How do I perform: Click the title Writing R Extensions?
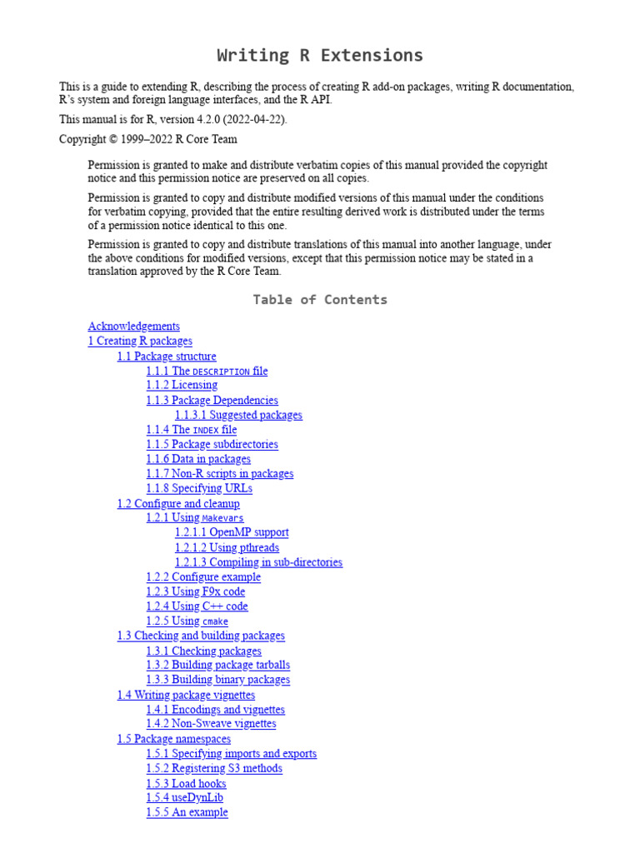pos(320,56)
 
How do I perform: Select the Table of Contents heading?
pos(320,300)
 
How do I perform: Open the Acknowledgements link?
pos(133,327)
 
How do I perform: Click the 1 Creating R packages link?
pos(140,342)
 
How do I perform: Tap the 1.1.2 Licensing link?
pos(182,386)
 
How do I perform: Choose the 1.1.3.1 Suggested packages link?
pos(238,415)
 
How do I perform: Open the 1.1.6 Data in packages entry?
pos(198,459)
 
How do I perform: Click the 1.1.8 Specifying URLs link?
pos(199,488)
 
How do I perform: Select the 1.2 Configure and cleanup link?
pos(178,504)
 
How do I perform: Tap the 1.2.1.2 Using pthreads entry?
pos(227,547)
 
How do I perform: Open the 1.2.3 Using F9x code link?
pos(196,592)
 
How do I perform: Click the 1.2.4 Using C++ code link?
pos(197,606)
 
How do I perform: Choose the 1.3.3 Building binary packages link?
pos(218,680)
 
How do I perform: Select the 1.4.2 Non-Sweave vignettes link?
pos(211,724)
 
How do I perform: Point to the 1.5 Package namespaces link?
pos(173,739)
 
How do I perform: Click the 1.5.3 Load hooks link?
pos(186,783)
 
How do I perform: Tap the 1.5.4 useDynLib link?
pos(184,798)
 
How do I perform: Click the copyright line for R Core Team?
pos(147,140)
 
